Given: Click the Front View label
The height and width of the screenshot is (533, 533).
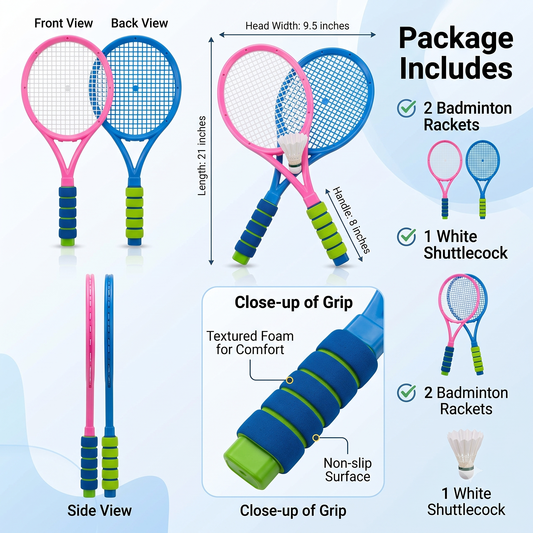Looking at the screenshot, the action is point(64,23).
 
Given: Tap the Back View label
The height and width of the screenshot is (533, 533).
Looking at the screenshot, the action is point(139,23).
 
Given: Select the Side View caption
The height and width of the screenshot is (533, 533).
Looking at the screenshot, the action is point(100,510).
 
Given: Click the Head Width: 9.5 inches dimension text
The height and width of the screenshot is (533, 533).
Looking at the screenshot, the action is point(297,26).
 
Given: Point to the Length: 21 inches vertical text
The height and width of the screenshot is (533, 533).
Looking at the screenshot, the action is point(202,156).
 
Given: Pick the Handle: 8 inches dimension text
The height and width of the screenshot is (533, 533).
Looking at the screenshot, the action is point(351,220).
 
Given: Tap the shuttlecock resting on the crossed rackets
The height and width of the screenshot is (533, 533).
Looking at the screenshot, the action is point(293,153).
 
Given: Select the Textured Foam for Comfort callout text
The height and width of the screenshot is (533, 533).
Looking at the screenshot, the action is point(250,343).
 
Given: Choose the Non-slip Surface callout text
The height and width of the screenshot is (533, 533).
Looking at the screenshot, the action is point(348,470).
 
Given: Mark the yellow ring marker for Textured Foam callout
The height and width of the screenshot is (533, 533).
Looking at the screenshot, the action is point(289,380).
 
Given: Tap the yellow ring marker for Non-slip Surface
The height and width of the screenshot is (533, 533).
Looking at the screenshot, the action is point(316,438).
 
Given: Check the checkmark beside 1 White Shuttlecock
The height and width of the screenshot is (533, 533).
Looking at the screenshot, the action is point(406,236).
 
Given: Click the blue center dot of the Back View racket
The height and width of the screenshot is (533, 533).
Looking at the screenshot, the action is point(135,88).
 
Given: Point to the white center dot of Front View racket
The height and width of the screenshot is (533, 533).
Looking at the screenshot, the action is point(68,88).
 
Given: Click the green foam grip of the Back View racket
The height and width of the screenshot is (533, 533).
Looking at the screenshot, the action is point(134,213).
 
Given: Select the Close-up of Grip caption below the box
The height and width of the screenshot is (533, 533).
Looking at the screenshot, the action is point(293,510).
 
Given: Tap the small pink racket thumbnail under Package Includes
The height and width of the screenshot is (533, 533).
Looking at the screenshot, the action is point(445,180).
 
